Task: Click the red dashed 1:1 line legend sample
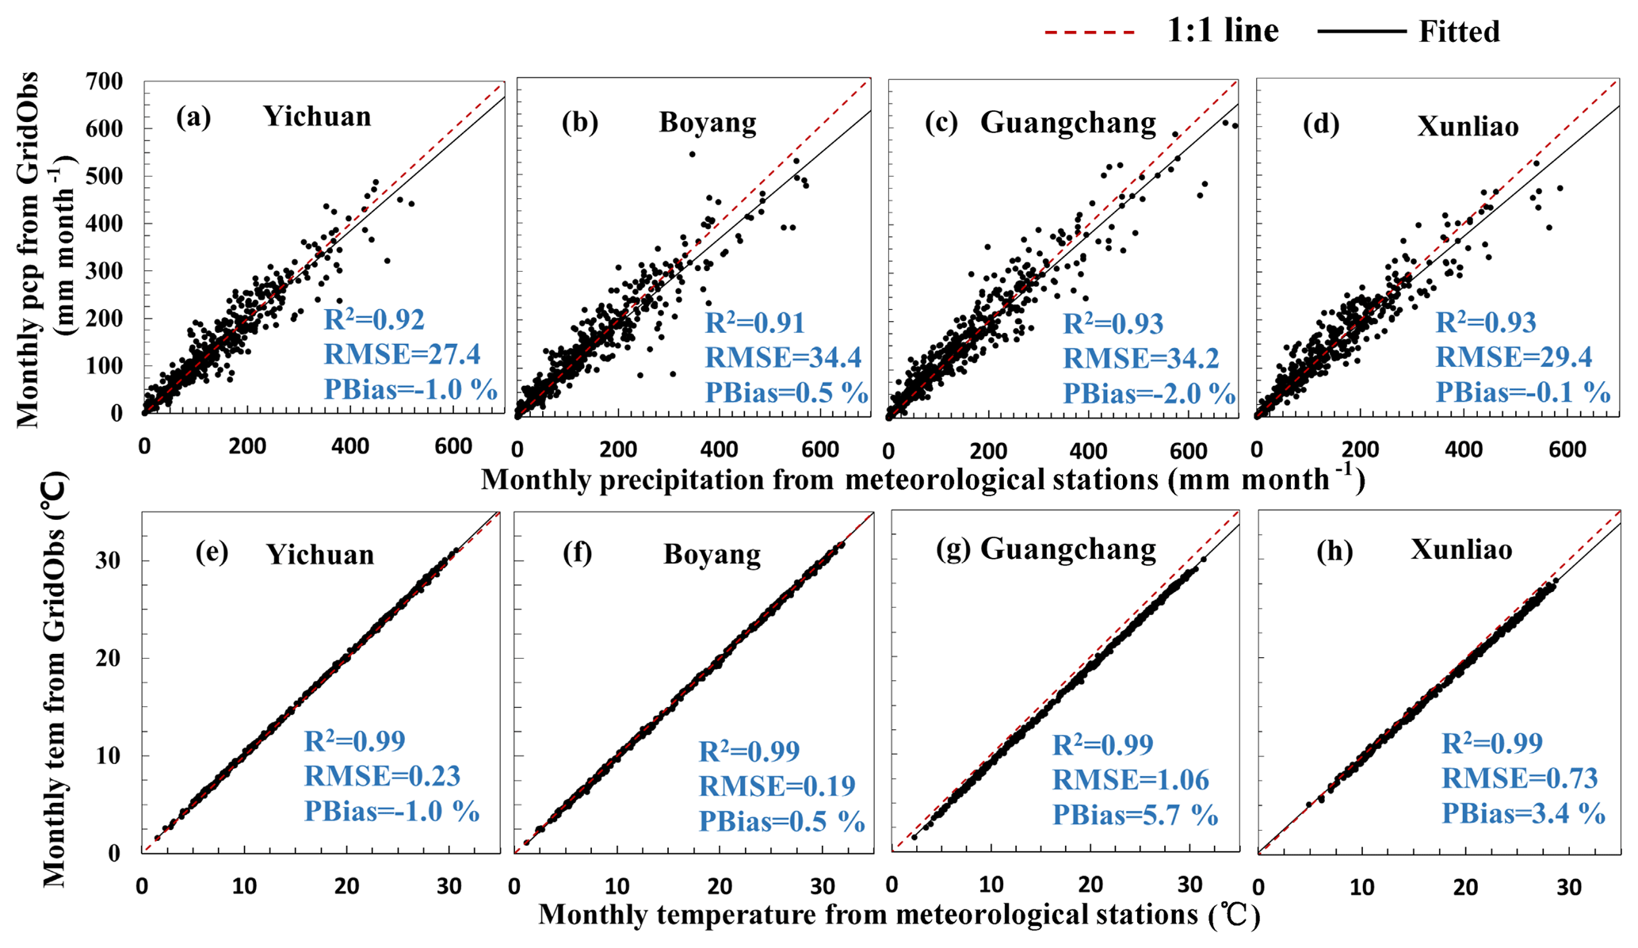(x=1090, y=32)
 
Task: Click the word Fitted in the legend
(x=1459, y=32)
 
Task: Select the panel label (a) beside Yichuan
(x=193, y=117)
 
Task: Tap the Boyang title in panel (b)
(x=708, y=122)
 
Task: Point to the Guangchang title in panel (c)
(x=1067, y=122)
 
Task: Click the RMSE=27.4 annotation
(x=402, y=354)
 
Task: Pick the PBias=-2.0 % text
(x=1148, y=392)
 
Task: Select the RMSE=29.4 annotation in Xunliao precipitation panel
(x=1514, y=357)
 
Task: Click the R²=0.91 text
(x=754, y=323)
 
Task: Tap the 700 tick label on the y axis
(x=105, y=82)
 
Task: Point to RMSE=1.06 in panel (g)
(x=1131, y=780)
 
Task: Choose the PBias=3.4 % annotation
(x=1523, y=813)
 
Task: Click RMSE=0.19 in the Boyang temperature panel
(x=777, y=786)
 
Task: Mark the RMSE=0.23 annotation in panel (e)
(x=382, y=775)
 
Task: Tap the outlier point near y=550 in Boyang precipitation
(x=692, y=154)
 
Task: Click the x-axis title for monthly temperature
(x=899, y=915)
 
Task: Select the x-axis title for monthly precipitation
(x=922, y=480)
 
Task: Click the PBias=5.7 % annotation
(x=1135, y=814)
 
